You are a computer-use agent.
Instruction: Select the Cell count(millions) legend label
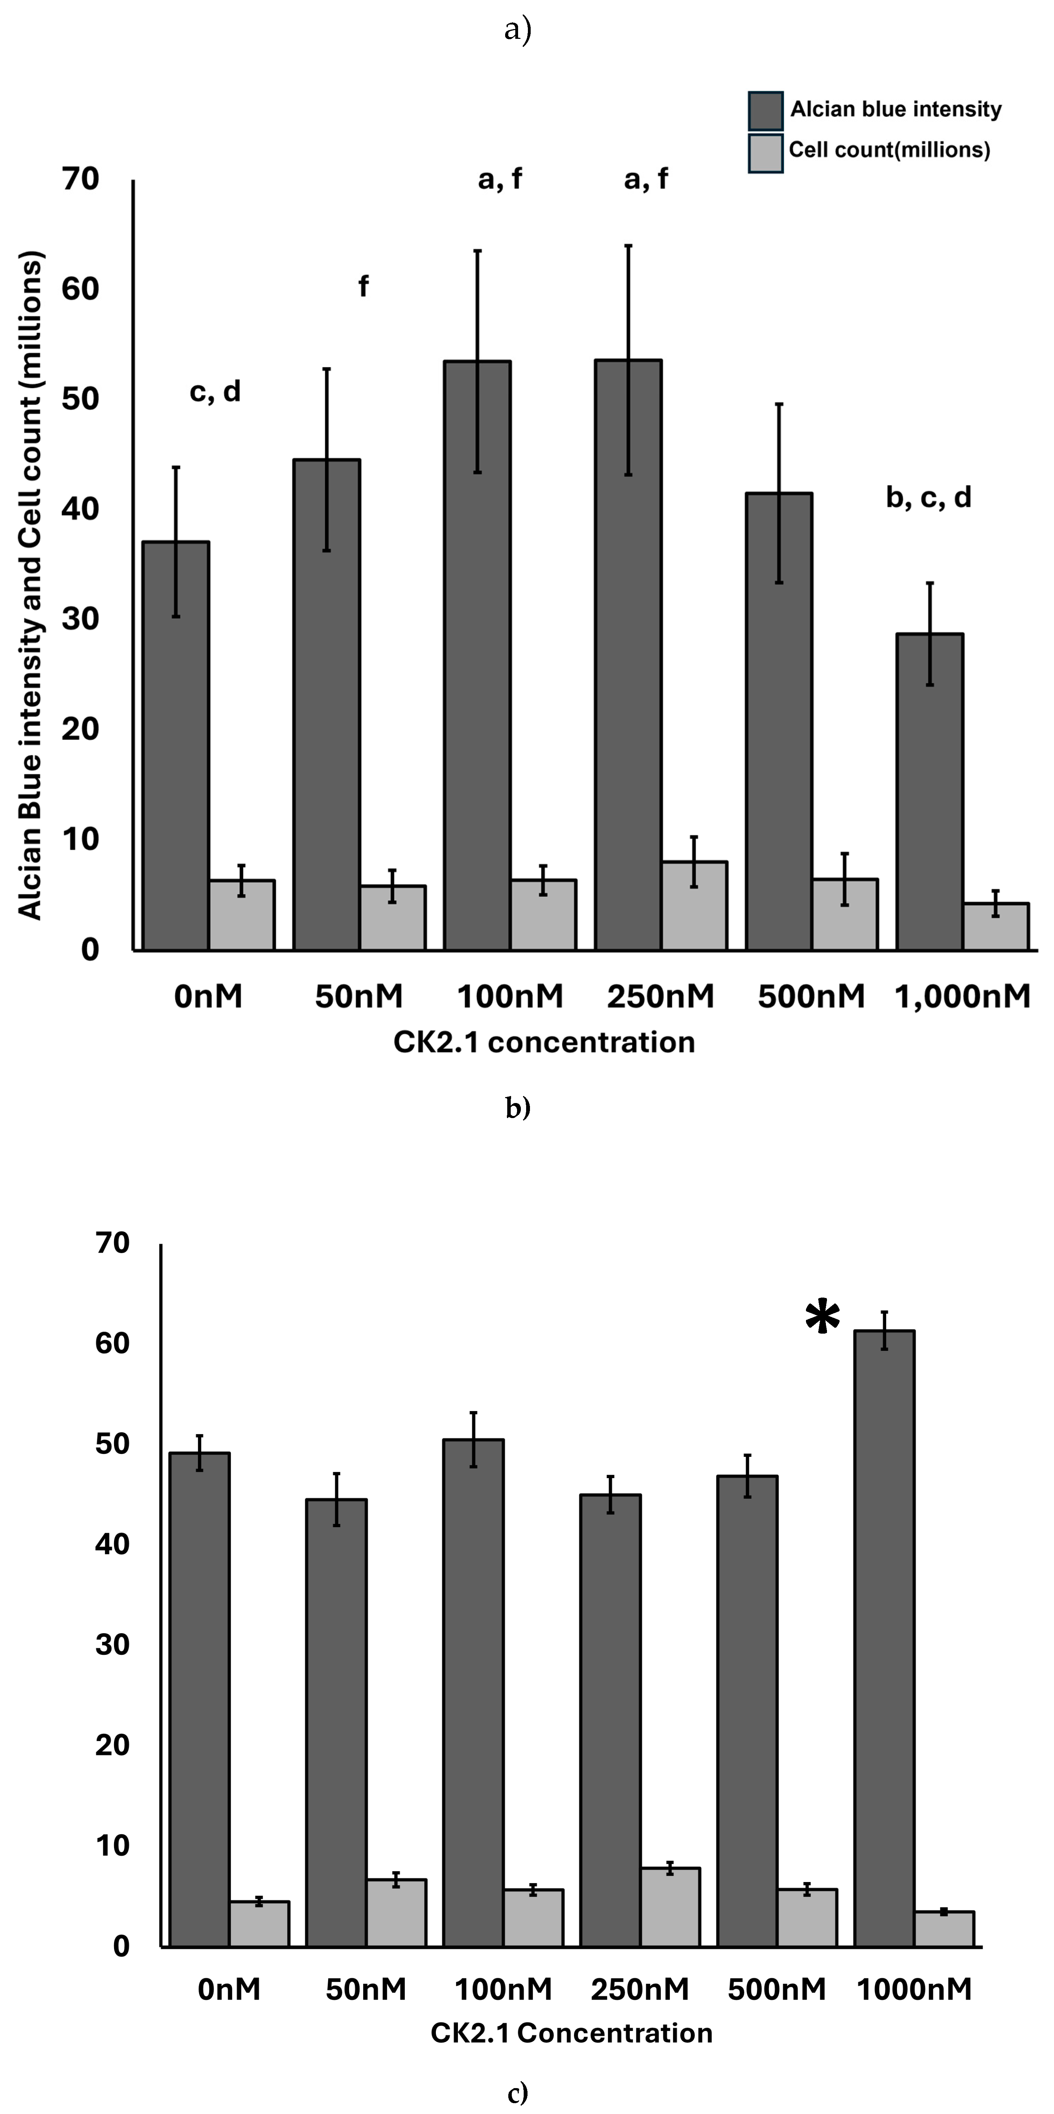coord(889,150)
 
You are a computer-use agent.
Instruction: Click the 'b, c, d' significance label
coord(928,497)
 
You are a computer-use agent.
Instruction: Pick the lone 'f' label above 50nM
coord(363,286)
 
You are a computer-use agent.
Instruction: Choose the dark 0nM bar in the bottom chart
coord(199,1699)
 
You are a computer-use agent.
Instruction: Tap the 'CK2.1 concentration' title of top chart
coord(544,1042)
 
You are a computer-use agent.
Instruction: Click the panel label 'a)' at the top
coord(518,30)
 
